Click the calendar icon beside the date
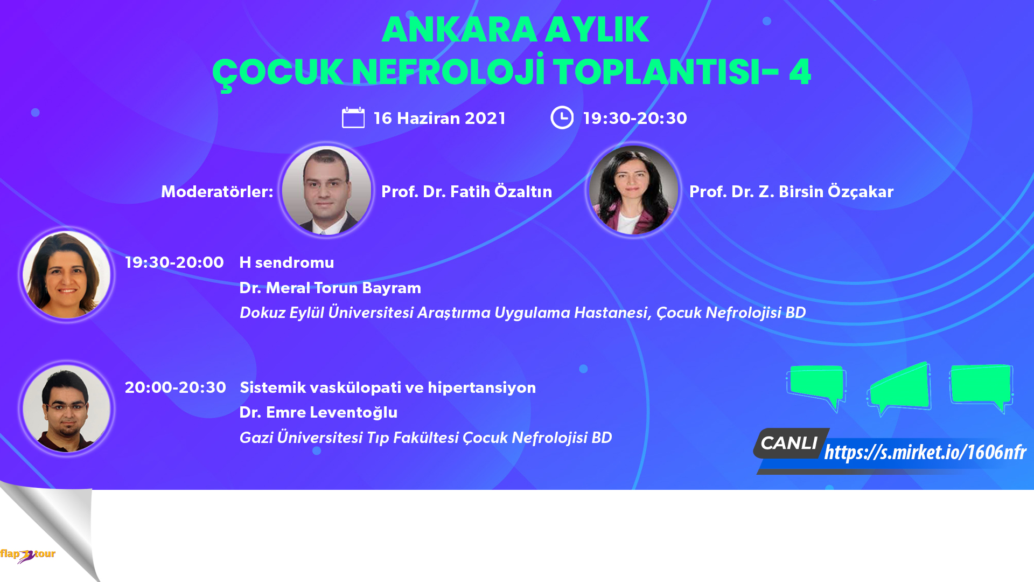tap(353, 117)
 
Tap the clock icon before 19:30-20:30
tap(562, 117)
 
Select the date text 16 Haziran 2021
tap(439, 118)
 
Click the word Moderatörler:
tap(217, 191)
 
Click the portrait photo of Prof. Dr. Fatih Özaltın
tap(326, 190)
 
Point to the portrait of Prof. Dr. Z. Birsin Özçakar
tap(633, 190)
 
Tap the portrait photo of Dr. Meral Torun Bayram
tap(67, 274)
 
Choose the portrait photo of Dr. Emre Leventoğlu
tap(67, 408)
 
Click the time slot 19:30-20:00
tap(174, 262)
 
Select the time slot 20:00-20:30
tap(176, 387)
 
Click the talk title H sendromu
tap(287, 262)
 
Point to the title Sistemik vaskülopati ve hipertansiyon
tap(388, 387)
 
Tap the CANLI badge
tap(790, 443)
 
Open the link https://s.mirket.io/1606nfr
tap(925, 452)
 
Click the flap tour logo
tap(27, 555)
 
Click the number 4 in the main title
tap(800, 71)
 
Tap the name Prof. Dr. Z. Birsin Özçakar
tap(791, 191)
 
